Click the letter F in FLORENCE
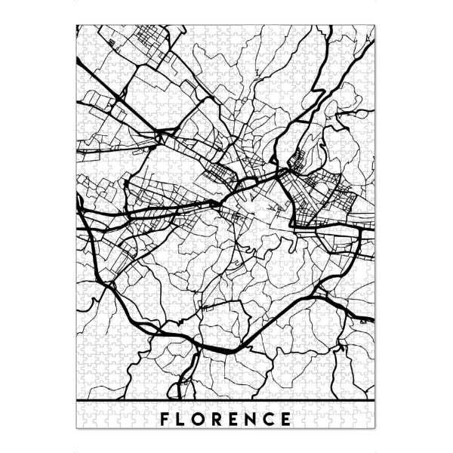tap(165, 418)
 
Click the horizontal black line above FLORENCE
tap(226, 398)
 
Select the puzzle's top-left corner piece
tap(82, 31)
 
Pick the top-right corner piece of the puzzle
tap(371, 31)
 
